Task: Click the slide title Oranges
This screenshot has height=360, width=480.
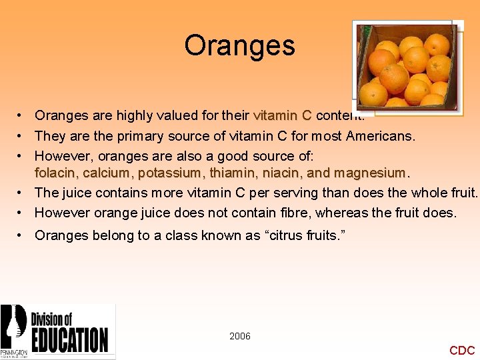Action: [x=239, y=45]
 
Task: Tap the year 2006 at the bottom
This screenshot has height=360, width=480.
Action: [x=240, y=336]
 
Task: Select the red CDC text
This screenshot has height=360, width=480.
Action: [x=462, y=350]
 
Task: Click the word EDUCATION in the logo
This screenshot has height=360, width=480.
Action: [x=69, y=339]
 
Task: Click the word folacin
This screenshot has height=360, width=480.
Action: [x=56, y=173]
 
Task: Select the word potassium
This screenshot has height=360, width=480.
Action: [x=169, y=173]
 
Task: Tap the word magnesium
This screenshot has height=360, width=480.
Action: [x=370, y=173]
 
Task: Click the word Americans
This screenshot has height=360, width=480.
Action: [x=381, y=136]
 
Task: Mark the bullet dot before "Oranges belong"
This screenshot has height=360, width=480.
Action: [x=22, y=235]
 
